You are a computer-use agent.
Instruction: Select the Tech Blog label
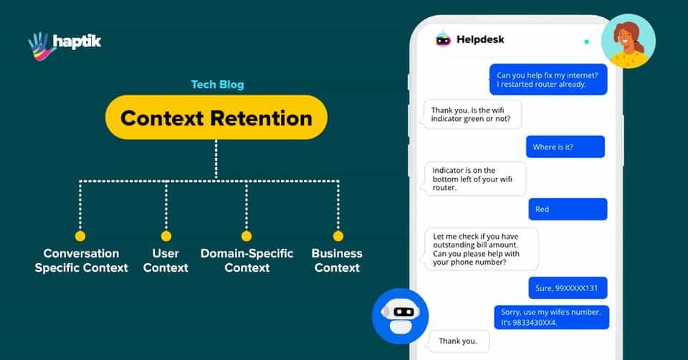[217, 85]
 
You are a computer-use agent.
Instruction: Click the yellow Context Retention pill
[216, 117]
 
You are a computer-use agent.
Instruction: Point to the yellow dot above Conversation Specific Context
[80, 236]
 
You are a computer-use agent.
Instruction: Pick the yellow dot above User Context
[166, 236]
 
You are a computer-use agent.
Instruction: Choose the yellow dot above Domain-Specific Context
[247, 236]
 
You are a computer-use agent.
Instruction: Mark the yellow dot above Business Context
[338, 236]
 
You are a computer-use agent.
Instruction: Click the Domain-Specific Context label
[247, 260]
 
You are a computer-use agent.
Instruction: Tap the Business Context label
[337, 260]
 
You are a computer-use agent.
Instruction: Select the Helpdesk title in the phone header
[480, 39]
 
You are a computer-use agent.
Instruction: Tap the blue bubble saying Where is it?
[565, 147]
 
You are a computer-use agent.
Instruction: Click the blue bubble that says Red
[568, 209]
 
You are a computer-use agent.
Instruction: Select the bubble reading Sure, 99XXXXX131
[568, 288]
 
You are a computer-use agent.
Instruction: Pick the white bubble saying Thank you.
[459, 341]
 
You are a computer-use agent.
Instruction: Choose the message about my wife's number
[551, 317]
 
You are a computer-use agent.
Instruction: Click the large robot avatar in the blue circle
[401, 316]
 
